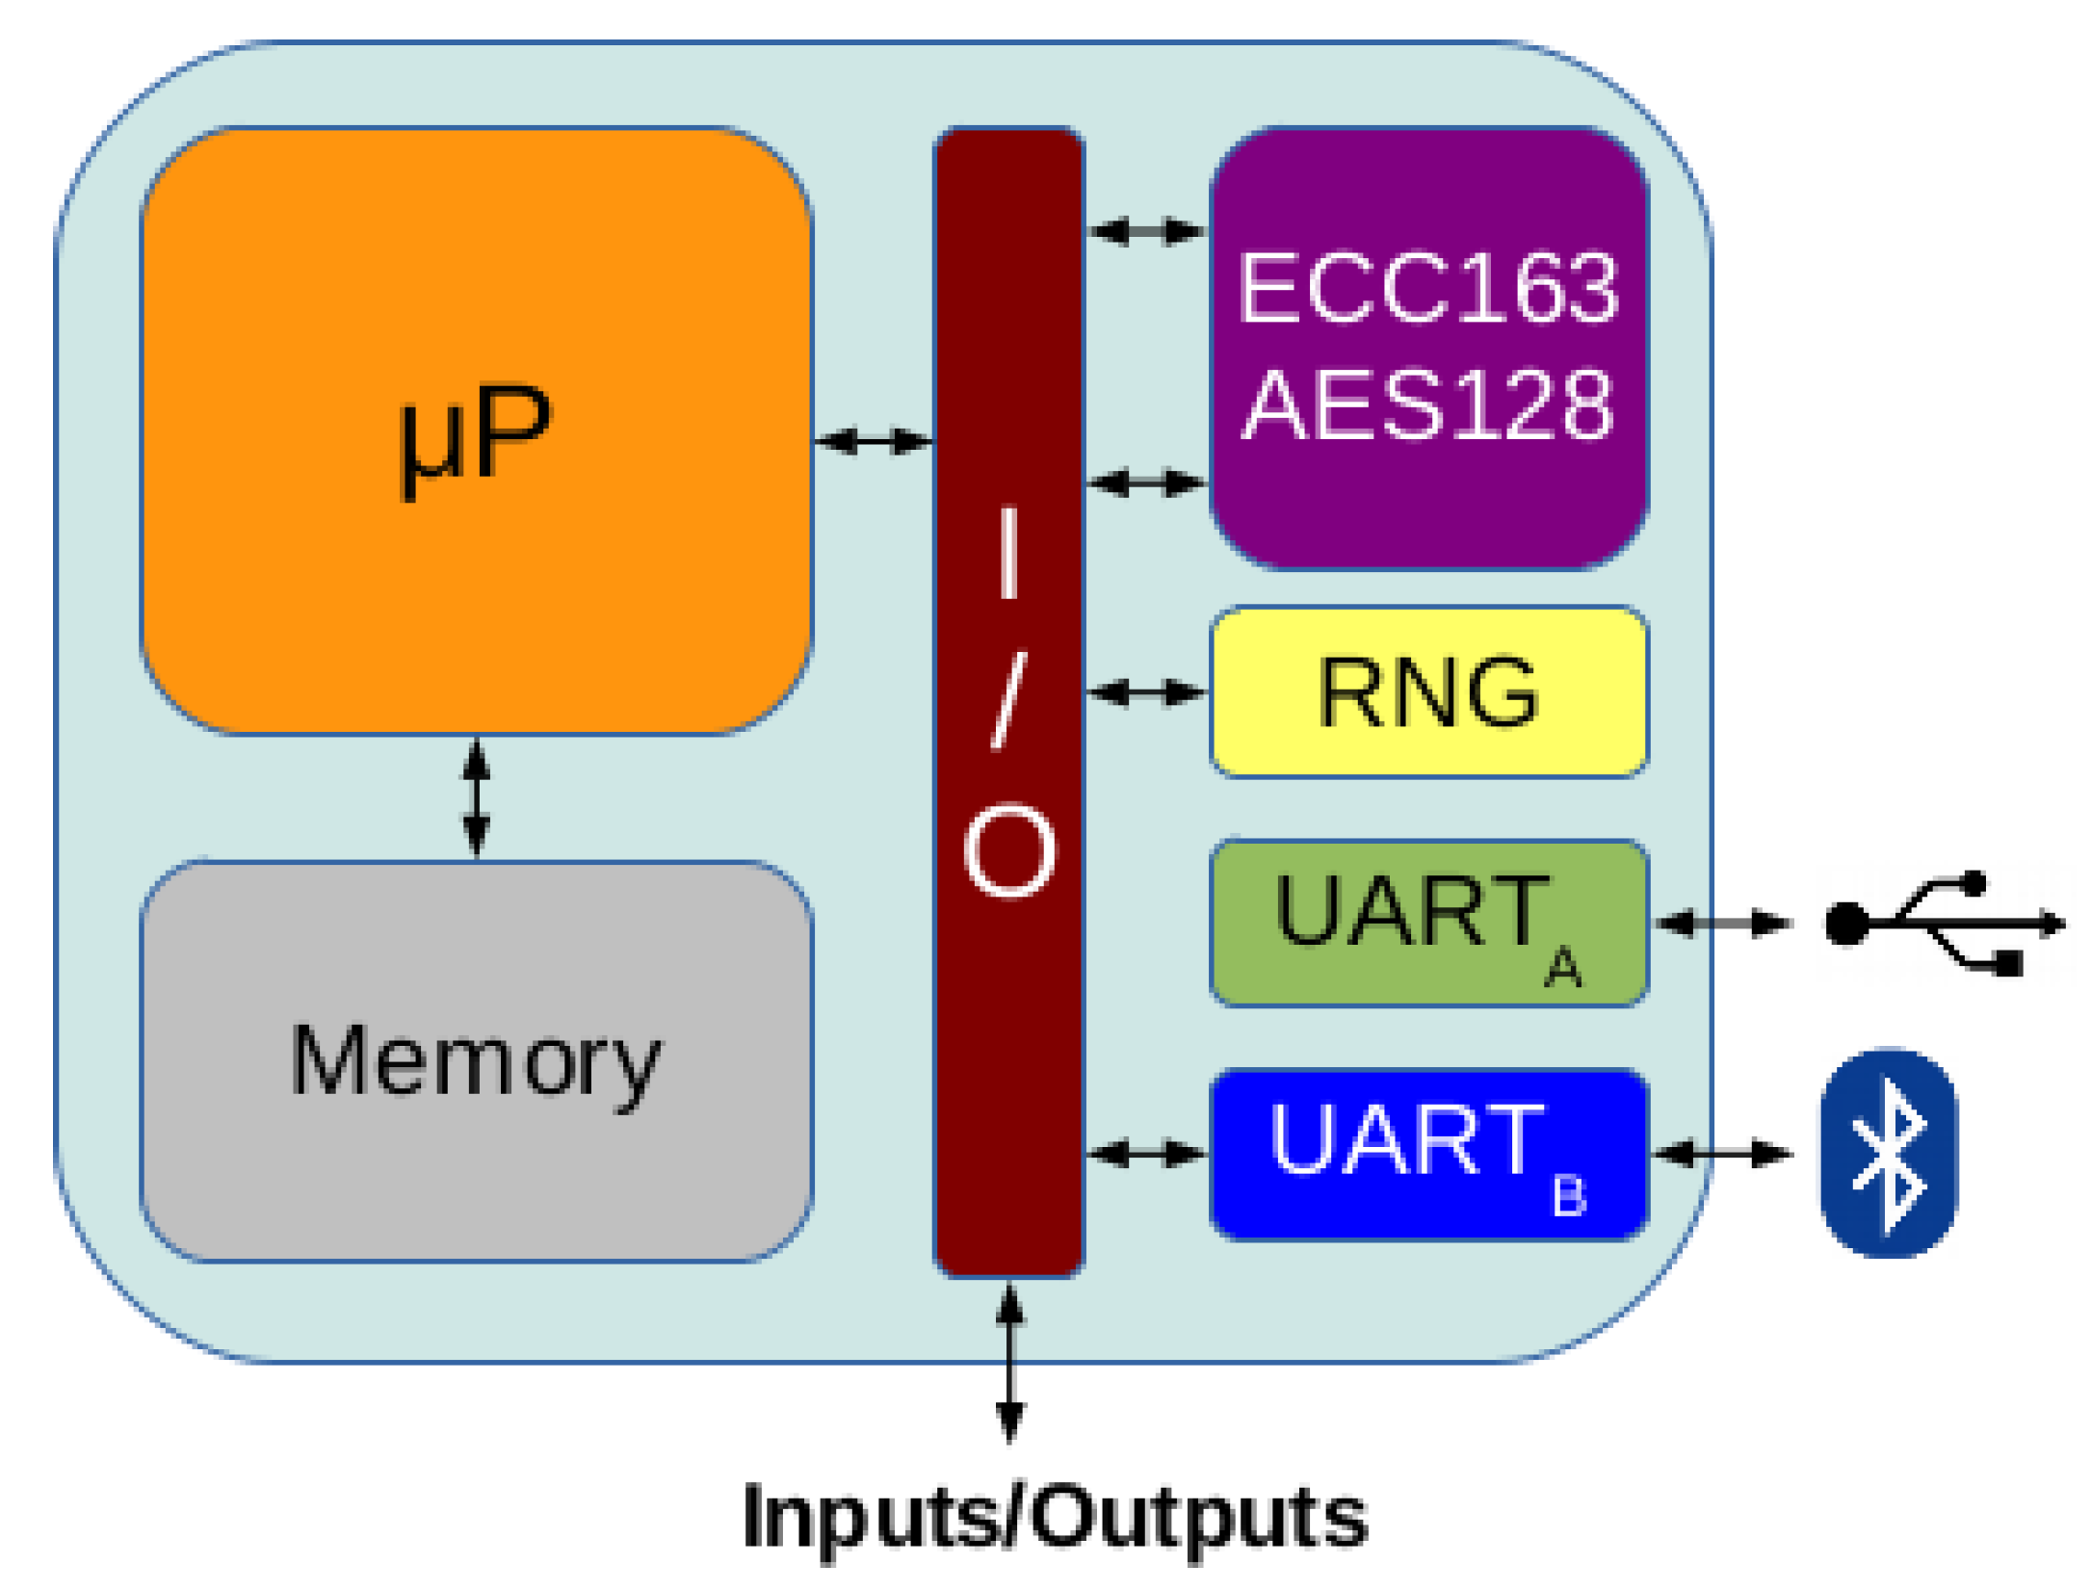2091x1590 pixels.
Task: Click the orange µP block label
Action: coord(476,441)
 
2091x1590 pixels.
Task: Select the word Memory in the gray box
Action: coord(476,1063)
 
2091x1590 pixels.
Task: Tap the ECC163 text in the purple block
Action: coord(1428,288)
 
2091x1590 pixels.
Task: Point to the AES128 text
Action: coord(1428,404)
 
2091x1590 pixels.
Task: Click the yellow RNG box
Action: coord(1428,691)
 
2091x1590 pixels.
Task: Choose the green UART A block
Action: coord(1428,923)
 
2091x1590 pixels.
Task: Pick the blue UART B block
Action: coord(1428,1154)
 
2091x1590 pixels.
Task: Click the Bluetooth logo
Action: coord(1888,1154)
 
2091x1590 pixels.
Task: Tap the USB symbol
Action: coord(1945,923)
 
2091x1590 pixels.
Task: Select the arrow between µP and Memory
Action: coord(477,797)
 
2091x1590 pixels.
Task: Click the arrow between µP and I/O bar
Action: coord(874,441)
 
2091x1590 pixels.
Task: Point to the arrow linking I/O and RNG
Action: coord(1146,691)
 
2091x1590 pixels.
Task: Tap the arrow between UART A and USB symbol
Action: coord(1723,923)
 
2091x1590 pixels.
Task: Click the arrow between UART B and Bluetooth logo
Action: coord(1723,1153)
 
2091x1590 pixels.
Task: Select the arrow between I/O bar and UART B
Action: coord(1146,1153)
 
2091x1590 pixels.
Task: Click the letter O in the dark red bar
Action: coord(1008,852)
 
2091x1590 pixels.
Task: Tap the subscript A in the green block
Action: coord(1562,968)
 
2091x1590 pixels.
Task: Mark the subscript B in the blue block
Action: coord(1569,1197)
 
